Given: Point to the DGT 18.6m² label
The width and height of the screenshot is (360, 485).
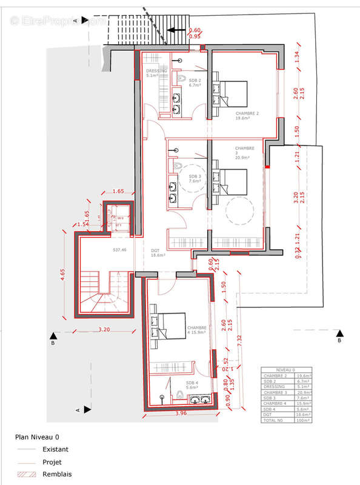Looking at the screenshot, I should pyautogui.click(x=158, y=253).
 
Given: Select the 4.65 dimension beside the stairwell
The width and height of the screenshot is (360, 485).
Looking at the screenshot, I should pyautogui.click(x=62, y=275).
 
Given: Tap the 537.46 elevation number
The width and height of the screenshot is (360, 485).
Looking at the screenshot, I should pyautogui.click(x=119, y=250).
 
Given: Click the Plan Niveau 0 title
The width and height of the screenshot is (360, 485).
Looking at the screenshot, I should pyautogui.click(x=37, y=436).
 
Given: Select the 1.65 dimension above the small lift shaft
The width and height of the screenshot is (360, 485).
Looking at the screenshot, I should pyautogui.click(x=118, y=191).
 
